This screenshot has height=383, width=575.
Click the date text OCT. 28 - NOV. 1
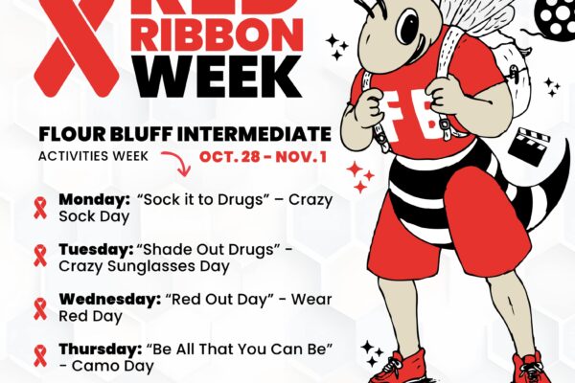point(264,156)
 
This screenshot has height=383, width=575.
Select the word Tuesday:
point(94,249)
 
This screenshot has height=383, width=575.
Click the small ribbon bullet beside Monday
point(41,208)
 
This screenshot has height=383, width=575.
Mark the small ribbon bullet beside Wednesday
point(41,307)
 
